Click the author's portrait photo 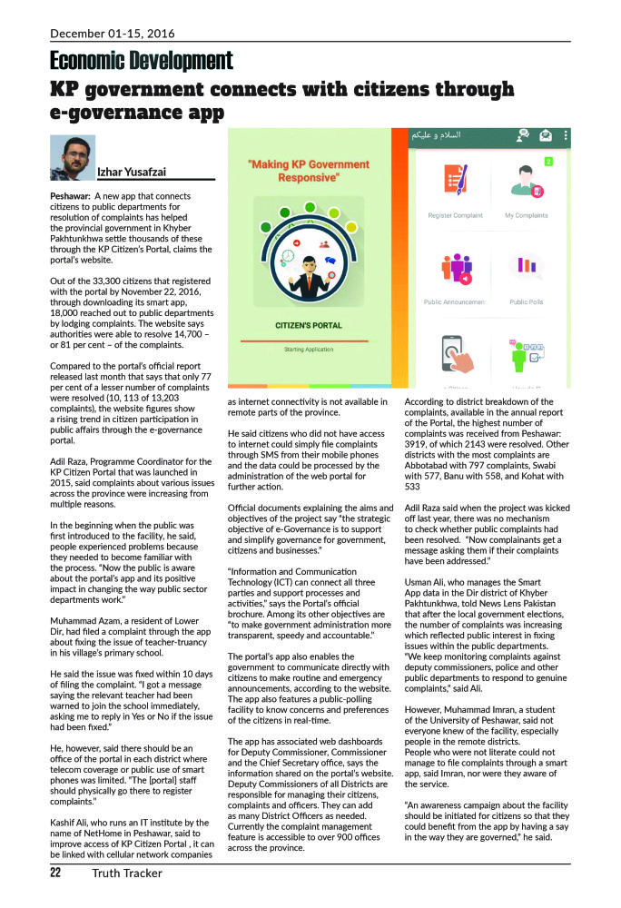tap(73, 158)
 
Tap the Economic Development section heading tap(141, 61)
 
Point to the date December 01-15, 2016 tap(113, 34)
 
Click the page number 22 tap(55, 873)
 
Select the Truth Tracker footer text tap(126, 873)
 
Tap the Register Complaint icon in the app tap(454, 183)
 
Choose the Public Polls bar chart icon tap(527, 268)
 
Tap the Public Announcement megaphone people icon tap(454, 269)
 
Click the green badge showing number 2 tap(548, 162)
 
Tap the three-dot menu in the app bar tap(567, 136)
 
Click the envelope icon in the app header tap(546, 136)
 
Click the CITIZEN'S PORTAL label tap(308, 324)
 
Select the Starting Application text tap(308, 349)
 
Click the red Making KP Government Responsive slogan tap(308, 172)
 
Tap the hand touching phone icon tap(454, 354)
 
